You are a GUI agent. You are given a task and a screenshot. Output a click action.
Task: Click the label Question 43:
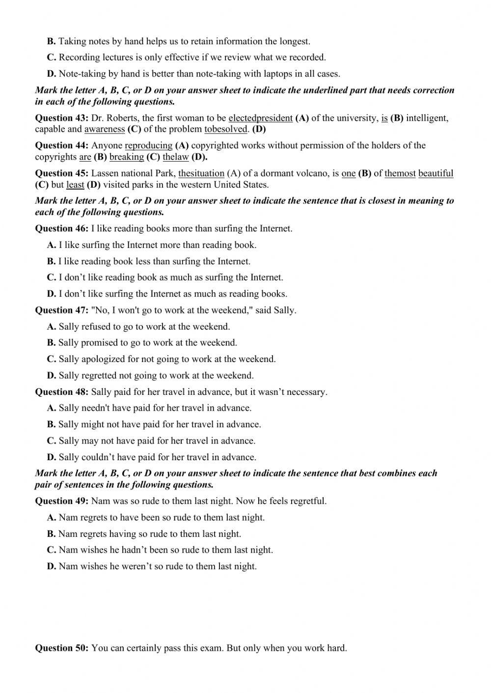tap(61, 118)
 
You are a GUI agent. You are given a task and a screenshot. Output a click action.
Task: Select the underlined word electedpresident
tap(260, 118)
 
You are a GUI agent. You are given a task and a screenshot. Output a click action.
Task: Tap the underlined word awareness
tap(105, 129)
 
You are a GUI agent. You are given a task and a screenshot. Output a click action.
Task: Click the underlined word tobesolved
tap(226, 129)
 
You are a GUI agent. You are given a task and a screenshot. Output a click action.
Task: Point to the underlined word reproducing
tap(149, 145)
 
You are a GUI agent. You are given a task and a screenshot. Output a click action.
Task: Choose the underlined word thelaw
tap(175, 157)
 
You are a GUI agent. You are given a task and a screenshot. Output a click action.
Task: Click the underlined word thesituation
tap(201, 173)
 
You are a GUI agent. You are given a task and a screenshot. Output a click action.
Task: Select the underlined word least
tap(75, 185)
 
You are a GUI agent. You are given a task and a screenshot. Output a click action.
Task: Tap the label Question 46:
tap(61, 228)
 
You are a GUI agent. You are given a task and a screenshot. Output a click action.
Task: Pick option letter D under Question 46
tap(51, 294)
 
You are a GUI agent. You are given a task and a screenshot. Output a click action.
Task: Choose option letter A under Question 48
tap(51, 408)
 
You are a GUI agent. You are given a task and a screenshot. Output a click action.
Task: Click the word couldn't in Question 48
tap(98, 457)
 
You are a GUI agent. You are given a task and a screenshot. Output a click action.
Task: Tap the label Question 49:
tap(61, 501)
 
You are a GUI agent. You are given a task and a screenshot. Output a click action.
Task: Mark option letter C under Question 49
tap(51, 550)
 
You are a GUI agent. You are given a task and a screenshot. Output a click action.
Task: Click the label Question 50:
tap(61, 648)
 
